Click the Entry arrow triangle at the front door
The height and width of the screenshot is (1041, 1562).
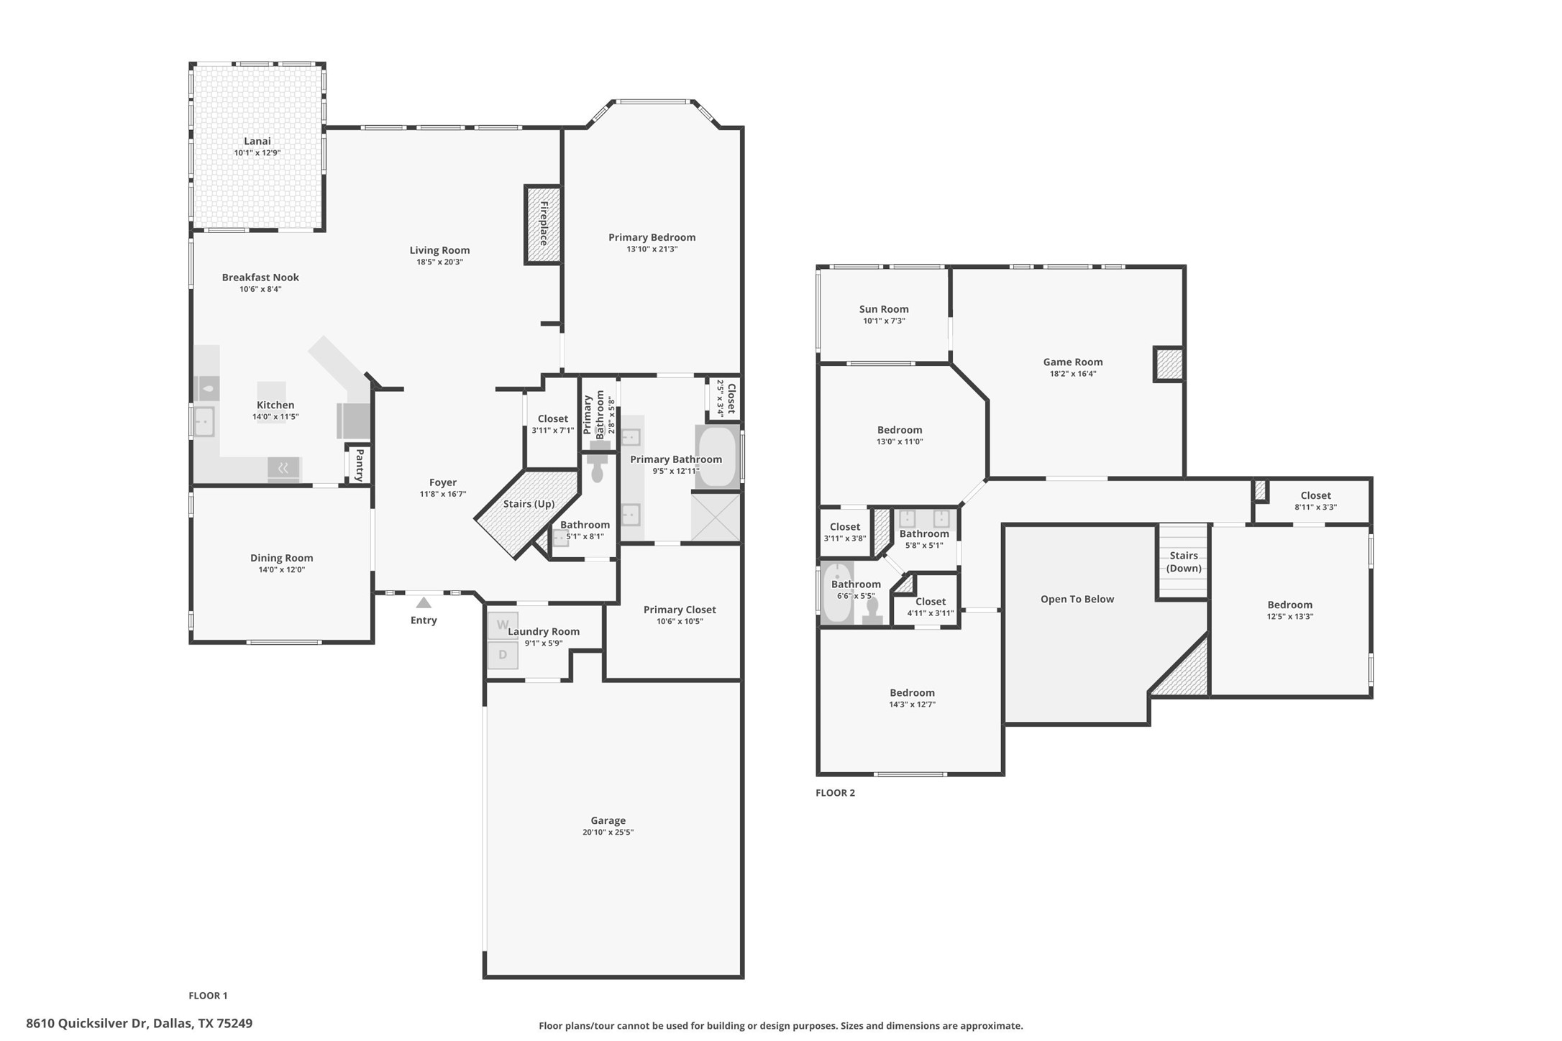click(x=424, y=602)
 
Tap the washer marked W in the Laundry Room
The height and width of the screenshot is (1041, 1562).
click(x=503, y=625)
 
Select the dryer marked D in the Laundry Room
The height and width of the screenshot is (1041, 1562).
click(x=503, y=655)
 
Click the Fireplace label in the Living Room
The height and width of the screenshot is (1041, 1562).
click(x=544, y=224)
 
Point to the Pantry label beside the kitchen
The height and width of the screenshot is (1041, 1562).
click(x=359, y=464)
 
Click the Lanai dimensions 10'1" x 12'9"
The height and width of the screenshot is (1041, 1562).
click(x=257, y=153)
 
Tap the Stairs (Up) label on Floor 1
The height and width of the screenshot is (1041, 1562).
click(x=529, y=504)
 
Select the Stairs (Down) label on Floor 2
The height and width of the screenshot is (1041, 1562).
click(x=1183, y=561)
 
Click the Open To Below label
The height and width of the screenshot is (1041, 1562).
click(x=1077, y=599)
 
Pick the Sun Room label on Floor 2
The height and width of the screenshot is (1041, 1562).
click(x=884, y=309)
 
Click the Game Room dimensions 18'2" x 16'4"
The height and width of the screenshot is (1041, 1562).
click(x=1073, y=374)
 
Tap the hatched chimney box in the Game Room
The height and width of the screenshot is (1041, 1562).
click(x=1169, y=364)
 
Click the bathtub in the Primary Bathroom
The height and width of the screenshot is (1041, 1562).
click(x=717, y=457)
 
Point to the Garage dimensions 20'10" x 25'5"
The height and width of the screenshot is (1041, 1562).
click(x=608, y=833)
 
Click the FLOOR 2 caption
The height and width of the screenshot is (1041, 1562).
click(x=835, y=793)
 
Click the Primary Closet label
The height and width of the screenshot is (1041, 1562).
click(x=680, y=610)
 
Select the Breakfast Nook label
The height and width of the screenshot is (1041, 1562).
click(x=260, y=277)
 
